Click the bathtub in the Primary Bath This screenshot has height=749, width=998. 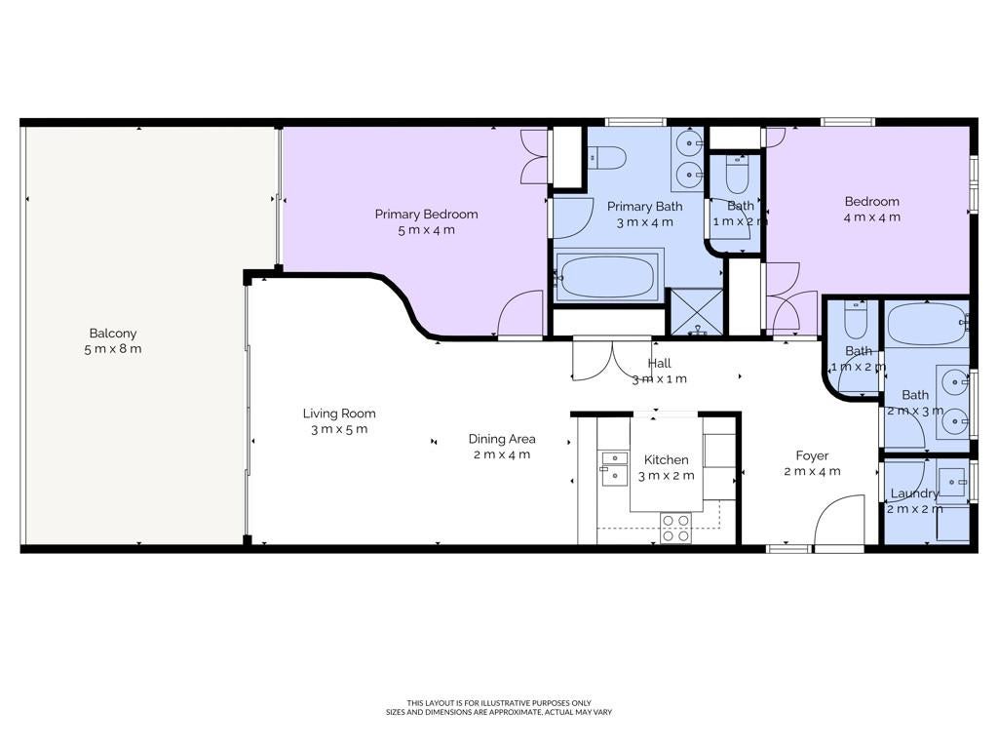[x=607, y=277]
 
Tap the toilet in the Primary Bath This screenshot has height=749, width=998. [x=606, y=158]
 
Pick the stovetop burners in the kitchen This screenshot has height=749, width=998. [x=676, y=528]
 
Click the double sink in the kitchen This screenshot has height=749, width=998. [x=614, y=468]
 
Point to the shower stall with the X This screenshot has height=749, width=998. [x=697, y=312]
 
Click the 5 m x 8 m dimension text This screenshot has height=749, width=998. [x=113, y=349]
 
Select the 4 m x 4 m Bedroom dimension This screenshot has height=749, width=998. [x=872, y=217]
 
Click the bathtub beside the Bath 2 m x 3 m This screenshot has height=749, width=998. [x=926, y=324]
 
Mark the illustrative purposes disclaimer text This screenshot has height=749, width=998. [x=499, y=703]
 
